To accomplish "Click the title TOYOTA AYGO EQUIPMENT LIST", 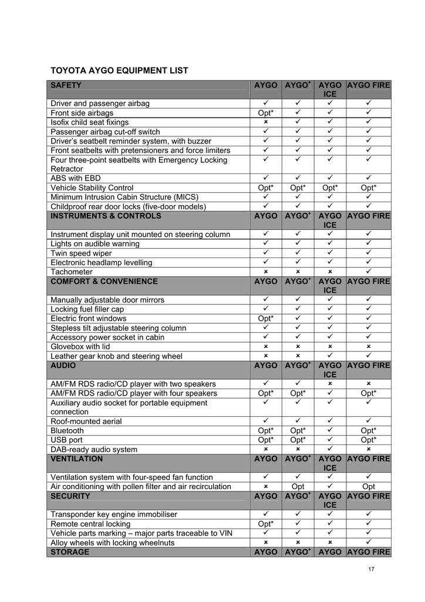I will tap(119, 71).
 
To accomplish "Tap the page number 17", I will tap(371, 569).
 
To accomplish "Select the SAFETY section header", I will tap(66, 86).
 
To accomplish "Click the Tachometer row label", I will tap(72, 272).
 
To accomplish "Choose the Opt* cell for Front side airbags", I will tap(266, 113).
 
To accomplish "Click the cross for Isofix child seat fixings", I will tap(266, 122).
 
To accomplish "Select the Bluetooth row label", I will tap(67, 431).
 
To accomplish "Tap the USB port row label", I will tap(66, 440).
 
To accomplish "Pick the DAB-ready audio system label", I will tap(94, 450).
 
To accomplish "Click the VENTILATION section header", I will tap(77, 459).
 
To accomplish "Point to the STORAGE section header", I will tap(70, 553).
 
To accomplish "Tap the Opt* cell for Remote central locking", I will tap(266, 524).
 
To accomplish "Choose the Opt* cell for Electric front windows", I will tap(266, 319).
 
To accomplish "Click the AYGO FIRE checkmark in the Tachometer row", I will tap(369, 272).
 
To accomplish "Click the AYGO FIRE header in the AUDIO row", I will tap(369, 366).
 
